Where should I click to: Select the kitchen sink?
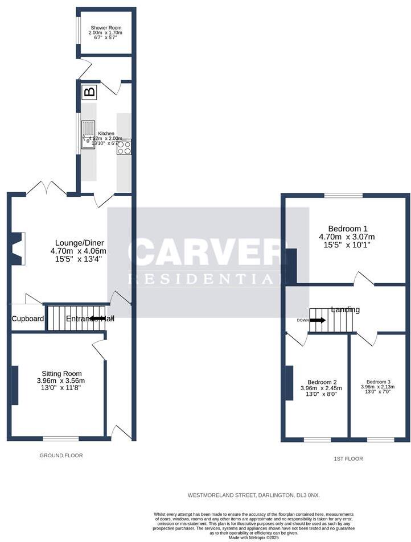click(x=88, y=135)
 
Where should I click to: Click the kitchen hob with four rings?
click(x=124, y=147)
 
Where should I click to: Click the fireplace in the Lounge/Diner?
click(x=19, y=249)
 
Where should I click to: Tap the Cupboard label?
click(x=28, y=319)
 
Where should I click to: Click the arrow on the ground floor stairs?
click(x=97, y=318)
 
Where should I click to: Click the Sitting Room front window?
click(x=61, y=438)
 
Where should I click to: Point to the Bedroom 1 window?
click(x=344, y=196)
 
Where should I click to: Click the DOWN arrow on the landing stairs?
click(x=317, y=320)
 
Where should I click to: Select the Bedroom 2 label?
click(x=322, y=388)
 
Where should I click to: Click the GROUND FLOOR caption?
click(x=61, y=456)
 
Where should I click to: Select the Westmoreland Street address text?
click(x=253, y=495)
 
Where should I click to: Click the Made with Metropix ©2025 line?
click(x=253, y=537)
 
